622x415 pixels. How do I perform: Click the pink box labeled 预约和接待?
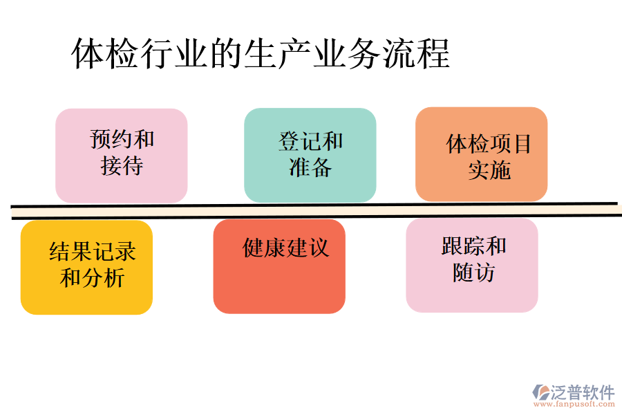[x=121, y=156]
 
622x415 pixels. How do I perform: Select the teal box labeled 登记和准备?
[x=310, y=156]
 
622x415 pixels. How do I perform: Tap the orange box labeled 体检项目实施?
[x=481, y=154]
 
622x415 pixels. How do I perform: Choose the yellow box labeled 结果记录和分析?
[x=86, y=267]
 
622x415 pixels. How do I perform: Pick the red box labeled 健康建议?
[x=279, y=266]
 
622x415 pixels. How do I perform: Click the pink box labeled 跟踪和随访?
[x=472, y=265]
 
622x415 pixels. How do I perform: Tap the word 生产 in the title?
[x=278, y=54]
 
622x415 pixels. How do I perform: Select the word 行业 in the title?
[x=174, y=54]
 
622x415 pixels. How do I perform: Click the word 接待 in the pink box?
[x=122, y=167]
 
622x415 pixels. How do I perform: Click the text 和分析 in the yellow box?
[x=92, y=278]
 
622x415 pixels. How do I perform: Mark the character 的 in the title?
[x=226, y=54]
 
